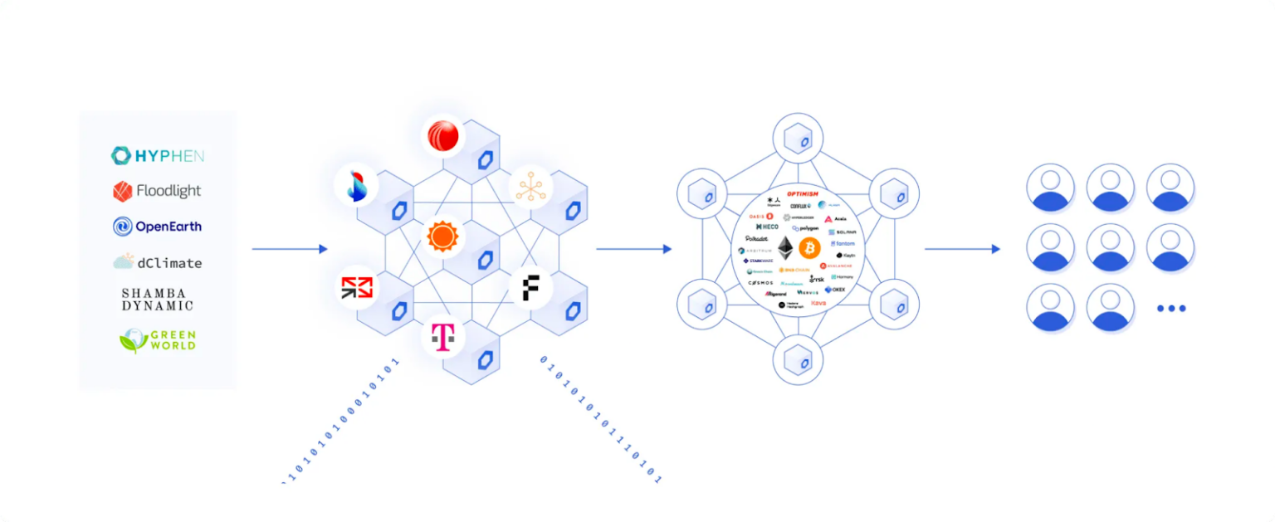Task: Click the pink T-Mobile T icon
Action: pos(443,337)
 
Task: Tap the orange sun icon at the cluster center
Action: pos(442,238)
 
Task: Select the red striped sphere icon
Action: pos(443,136)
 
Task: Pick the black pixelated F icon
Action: pos(531,288)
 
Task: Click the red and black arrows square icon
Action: pos(357,288)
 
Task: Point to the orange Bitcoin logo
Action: pos(809,247)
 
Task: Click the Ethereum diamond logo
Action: pos(784,247)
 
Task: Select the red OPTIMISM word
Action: pos(802,194)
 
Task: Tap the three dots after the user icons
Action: pos(1171,308)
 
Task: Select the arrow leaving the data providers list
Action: pos(289,249)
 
